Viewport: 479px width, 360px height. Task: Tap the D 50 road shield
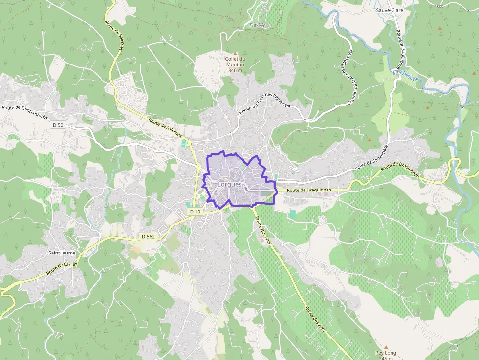58,125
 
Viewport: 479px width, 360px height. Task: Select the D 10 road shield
195,212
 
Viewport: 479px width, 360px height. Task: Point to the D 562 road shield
148,237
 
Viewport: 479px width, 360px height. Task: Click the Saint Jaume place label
62,253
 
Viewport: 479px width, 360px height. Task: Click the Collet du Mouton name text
235,62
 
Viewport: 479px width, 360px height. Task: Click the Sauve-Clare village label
389,10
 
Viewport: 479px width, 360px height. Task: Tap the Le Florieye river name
405,74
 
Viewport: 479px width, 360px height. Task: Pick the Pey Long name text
386,353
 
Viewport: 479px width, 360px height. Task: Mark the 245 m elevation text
386,358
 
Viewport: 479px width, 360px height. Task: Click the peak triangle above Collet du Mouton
235,54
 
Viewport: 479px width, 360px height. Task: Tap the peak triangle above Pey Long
386,346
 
